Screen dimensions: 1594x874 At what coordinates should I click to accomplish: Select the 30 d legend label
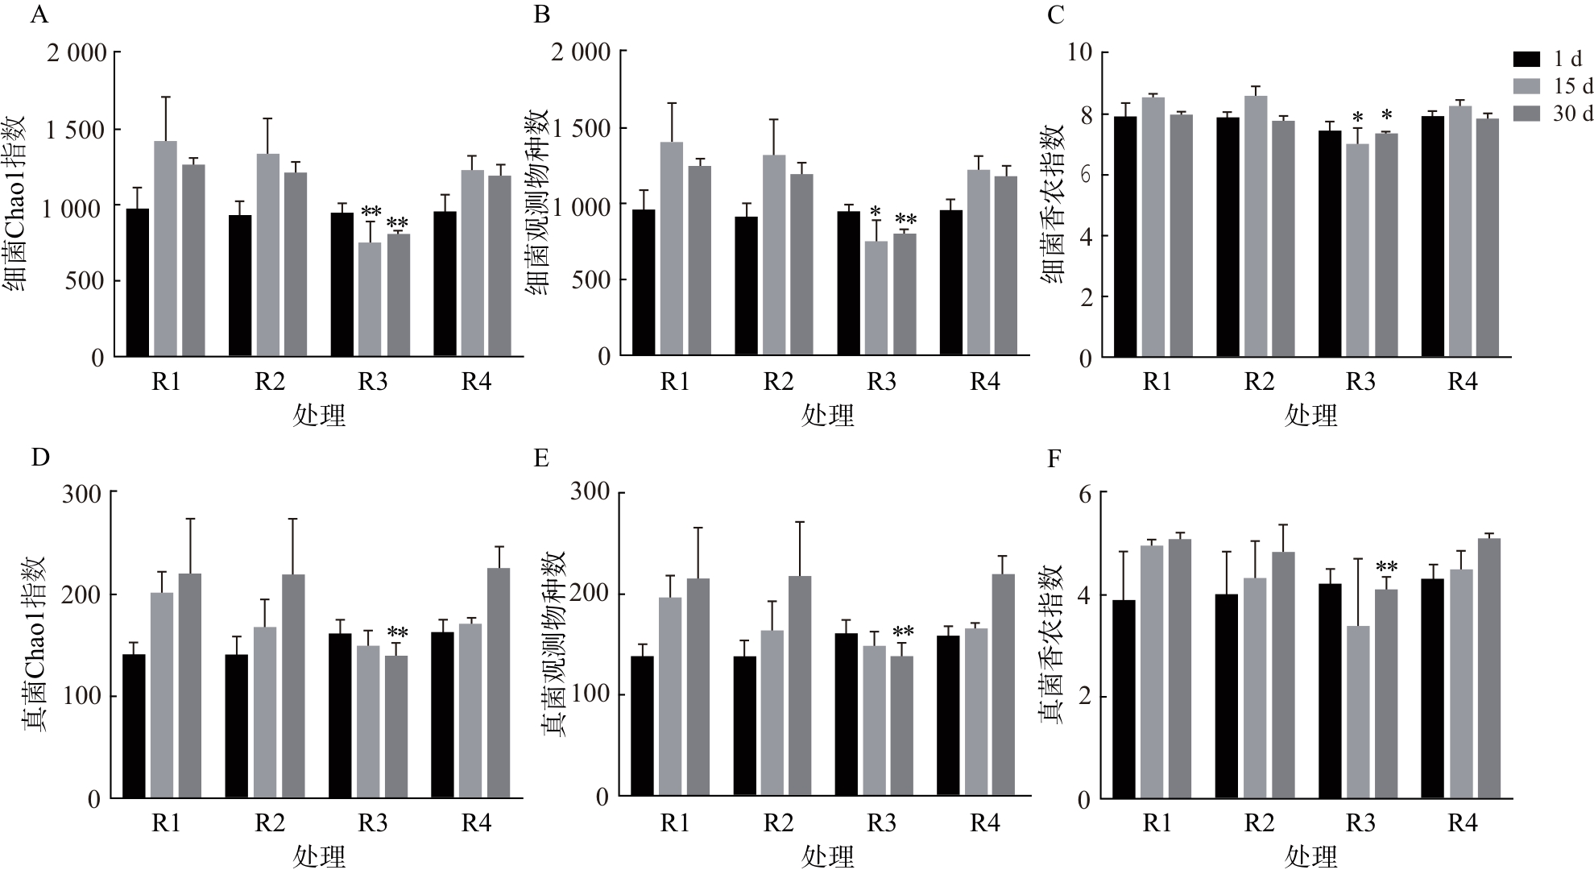point(1572,114)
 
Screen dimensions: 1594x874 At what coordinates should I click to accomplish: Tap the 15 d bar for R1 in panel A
point(165,249)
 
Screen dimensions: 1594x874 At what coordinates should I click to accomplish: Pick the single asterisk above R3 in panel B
point(876,213)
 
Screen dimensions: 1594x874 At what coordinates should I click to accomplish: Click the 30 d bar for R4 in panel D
point(499,683)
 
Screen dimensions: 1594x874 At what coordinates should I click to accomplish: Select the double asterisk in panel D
point(397,632)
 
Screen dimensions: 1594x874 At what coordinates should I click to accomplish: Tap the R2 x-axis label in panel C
point(1259,381)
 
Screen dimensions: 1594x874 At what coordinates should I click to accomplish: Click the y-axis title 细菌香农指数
point(1053,205)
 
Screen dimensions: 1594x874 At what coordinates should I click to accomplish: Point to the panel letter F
point(1053,459)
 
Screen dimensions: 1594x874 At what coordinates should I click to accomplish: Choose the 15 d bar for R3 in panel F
point(1358,712)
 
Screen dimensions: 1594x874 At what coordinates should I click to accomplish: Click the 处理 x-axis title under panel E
point(827,856)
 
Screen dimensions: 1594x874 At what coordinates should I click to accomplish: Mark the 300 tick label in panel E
point(590,491)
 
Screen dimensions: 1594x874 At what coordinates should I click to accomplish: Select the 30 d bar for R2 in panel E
point(800,686)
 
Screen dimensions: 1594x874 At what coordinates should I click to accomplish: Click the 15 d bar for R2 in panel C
point(1256,226)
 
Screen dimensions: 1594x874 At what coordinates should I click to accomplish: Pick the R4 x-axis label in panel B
point(983,381)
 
